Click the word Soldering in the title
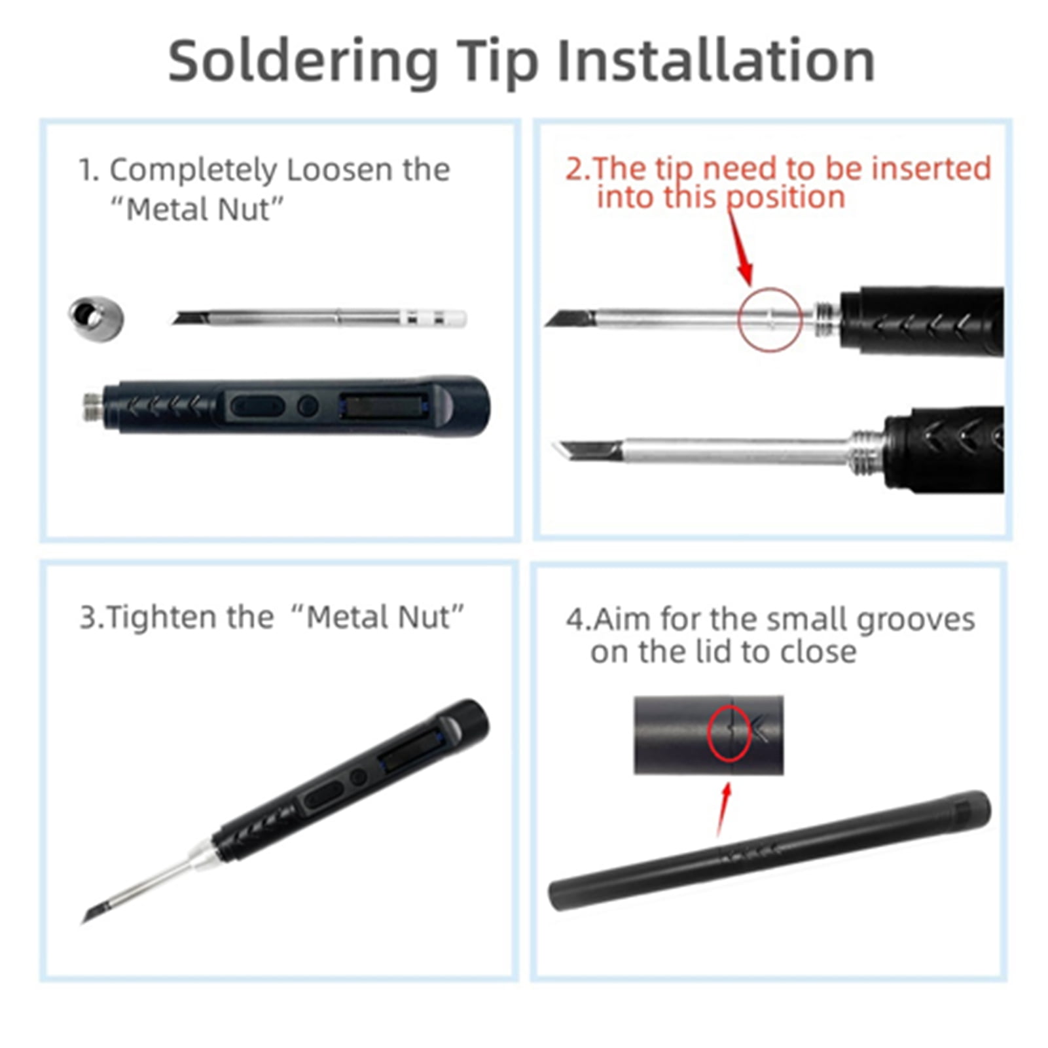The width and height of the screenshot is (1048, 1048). tap(303, 61)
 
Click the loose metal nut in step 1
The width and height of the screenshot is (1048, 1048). tap(96, 318)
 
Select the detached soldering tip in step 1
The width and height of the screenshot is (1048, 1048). tap(319, 318)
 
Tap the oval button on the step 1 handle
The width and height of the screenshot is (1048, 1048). tap(258, 407)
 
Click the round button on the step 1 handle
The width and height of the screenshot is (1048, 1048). tap(308, 407)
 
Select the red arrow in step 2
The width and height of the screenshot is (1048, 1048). tap(740, 249)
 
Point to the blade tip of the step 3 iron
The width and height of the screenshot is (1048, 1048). tap(84, 922)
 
